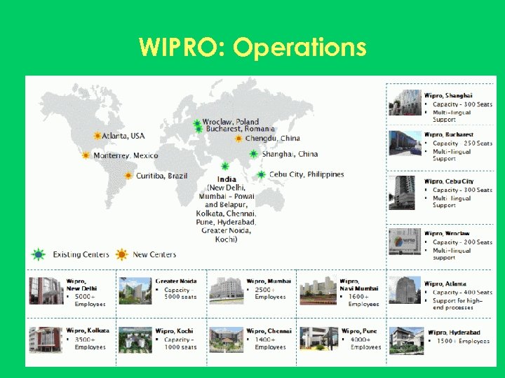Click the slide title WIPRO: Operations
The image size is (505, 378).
[x=252, y=48]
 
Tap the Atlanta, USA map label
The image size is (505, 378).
[x=123, y=136]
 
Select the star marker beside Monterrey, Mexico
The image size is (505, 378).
[x=86, y=155]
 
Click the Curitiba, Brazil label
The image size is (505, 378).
[x=162, y=176]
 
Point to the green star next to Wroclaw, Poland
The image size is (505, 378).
[x=197, y=122]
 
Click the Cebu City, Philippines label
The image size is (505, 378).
[x=307, y=174]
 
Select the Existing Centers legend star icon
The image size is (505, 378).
[x=39, y=254]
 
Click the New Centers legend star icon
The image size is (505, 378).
[x=122, y=254]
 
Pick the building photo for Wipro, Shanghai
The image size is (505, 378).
[x=405, y=102]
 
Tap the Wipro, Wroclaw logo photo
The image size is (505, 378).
[x=405, y=241]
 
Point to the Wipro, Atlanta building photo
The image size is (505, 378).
[x=405, y=290]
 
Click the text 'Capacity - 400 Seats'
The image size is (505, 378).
[x=462, y=293]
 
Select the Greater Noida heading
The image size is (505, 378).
[x=176, y=281]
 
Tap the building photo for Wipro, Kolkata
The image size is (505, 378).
[x=46, y=339]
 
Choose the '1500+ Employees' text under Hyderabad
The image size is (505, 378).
[x=463, y=341]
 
